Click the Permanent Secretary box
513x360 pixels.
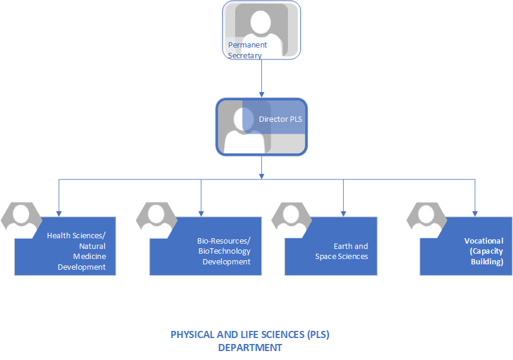(261, 30)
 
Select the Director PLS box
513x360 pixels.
(261, 127)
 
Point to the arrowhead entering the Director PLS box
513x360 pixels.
(261, 93)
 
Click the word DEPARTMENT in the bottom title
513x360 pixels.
(250, 348)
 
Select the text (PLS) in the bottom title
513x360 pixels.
(318, 334)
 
